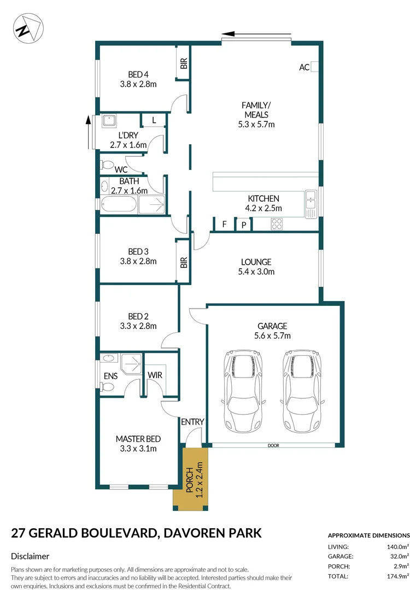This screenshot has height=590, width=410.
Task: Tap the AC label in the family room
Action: [x=304, y=67]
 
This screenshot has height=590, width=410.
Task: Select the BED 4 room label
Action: [x=138, y=75]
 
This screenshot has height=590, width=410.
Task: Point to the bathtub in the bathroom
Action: [x=118, y=205]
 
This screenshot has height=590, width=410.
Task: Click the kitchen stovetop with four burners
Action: [x=277, y=224]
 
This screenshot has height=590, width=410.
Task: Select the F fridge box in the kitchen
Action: [x=224, y=224]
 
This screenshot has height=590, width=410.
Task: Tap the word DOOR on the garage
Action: [x=273, y=446]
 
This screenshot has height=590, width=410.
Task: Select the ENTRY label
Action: [x=192, y=422]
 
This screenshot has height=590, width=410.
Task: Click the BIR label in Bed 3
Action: [x=184, y=262]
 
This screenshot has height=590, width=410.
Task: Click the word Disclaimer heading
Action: [x=31, y=556]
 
